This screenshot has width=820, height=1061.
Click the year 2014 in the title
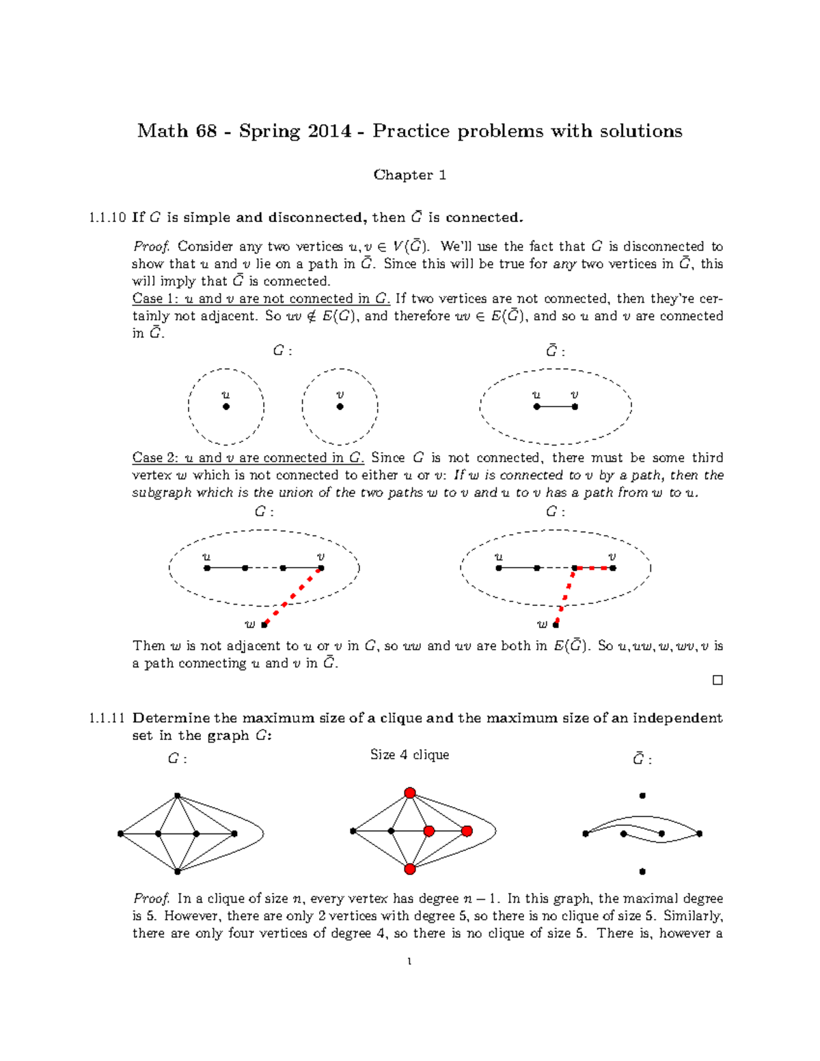(x=329, y=131)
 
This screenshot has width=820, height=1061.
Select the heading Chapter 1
(x=409, y=175)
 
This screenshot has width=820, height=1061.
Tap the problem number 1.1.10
(x=107, y=218)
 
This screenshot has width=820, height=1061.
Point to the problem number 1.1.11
(x=107, y=718)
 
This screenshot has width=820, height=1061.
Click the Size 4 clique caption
(x=409, y=755)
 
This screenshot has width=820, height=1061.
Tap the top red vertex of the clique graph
(x=410, y=793)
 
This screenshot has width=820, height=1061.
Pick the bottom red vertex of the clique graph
(x=410, y=869)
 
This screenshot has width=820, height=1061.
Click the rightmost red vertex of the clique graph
(x=467, y=831)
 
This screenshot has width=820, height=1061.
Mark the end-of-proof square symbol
(x=717, y=680)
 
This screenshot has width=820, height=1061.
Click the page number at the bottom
(x=409, y=962)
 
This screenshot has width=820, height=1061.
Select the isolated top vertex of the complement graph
(x=642, y=796)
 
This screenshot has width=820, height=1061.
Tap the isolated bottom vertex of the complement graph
(x=642, y=872)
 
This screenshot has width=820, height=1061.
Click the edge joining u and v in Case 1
(x=556, y=407)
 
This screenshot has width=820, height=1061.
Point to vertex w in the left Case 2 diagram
(x=264, y=624)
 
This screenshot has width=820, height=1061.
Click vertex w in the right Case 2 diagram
(x=556, y=624)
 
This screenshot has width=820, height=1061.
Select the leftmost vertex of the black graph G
(x=120, y=833)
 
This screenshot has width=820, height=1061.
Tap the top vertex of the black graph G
(x=177, y=796)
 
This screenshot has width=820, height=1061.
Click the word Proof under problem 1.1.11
(x=150, y=899)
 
